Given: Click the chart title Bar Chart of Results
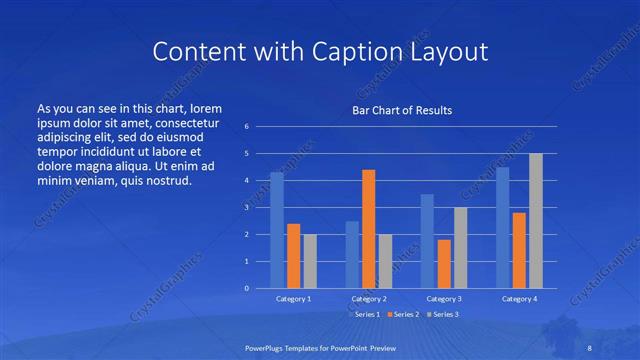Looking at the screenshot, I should coord(401,110).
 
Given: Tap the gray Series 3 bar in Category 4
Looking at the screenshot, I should coord(536,221).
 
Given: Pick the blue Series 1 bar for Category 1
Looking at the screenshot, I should coord(277,230).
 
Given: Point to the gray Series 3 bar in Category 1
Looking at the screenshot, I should coord(310,261).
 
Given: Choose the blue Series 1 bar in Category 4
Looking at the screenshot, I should coord(503,227).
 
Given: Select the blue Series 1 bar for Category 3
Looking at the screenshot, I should coord(427,241).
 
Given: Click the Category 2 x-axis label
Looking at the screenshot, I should coord(368,299).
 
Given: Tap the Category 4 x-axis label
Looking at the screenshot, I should coord(519,299).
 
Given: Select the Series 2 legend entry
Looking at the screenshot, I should coord(403,314).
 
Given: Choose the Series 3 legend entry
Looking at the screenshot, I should coord(444,314).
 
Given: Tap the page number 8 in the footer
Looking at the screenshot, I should coord(589,346).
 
